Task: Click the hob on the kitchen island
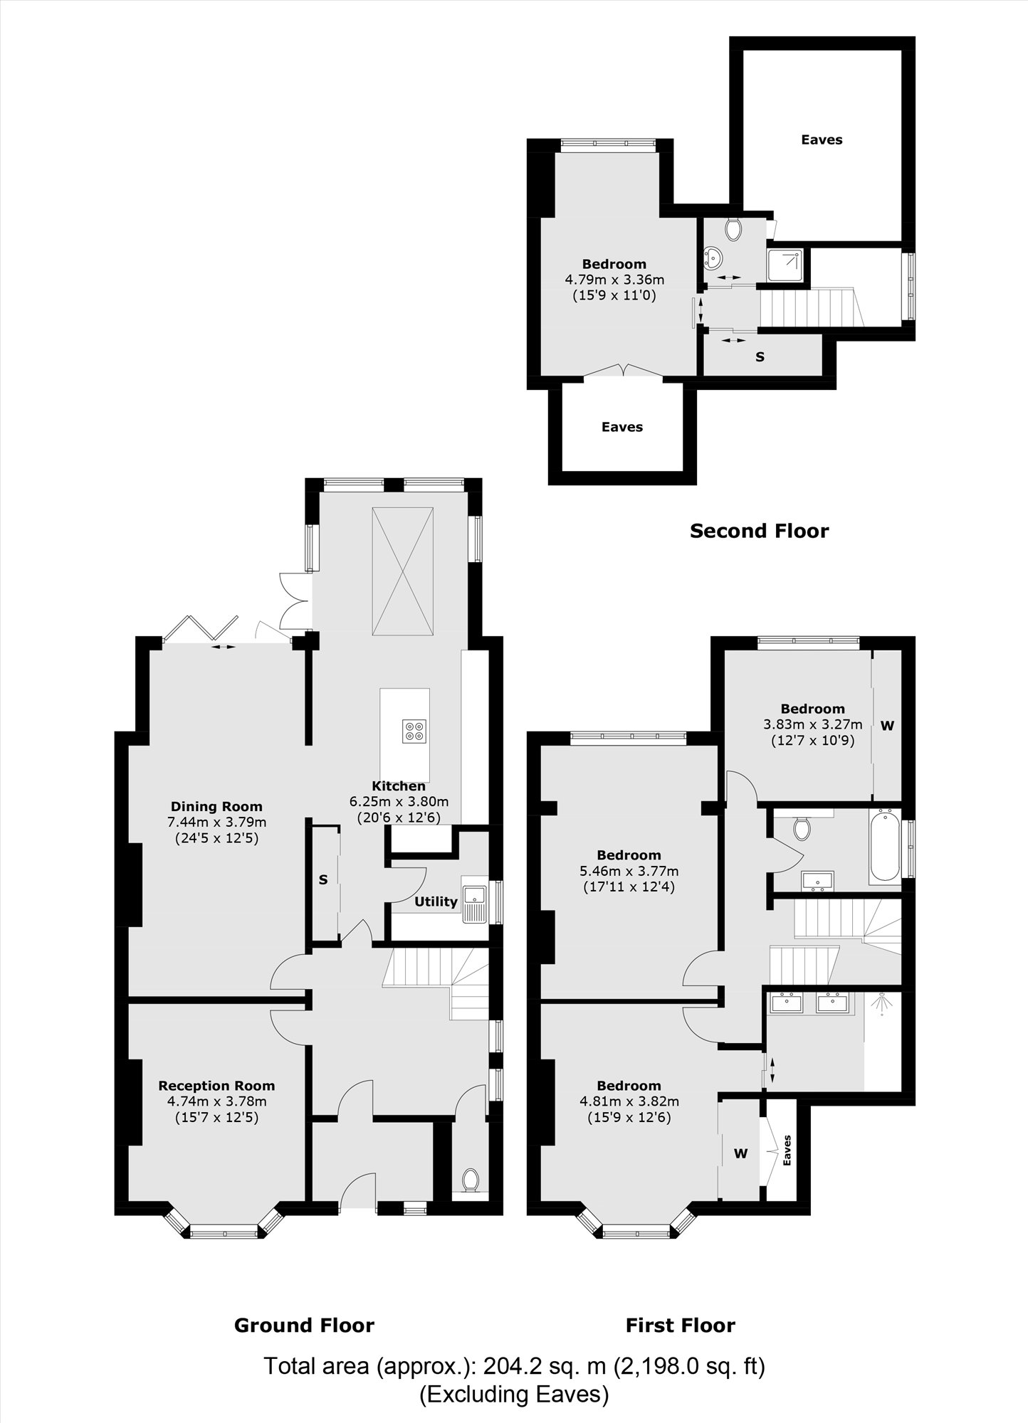tap(414, 731)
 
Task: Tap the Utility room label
tap(436, 901)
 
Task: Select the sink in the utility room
tap(473, 904)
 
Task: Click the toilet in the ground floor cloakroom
tap(470, 1180)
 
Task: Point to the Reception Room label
tap(216, 1086)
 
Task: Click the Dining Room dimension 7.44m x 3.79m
tap(216, 822)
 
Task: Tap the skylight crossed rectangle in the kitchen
tap(402, 571)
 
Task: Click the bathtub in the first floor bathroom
tap(884, 847)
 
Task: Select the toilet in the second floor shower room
tap(733, 228)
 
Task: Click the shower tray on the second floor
tap(785, 266)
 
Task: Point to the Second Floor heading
tap(759, 531)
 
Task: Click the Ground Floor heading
tap(304, 1325)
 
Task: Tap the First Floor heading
tap(680, 1325)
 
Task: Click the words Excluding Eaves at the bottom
tap(514, 1394)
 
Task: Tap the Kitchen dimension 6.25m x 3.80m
tap(399, 802)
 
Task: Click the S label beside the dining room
tap(323, 879)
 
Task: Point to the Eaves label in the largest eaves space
tap(822, 139)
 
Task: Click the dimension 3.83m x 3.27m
tap(812, 724)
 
